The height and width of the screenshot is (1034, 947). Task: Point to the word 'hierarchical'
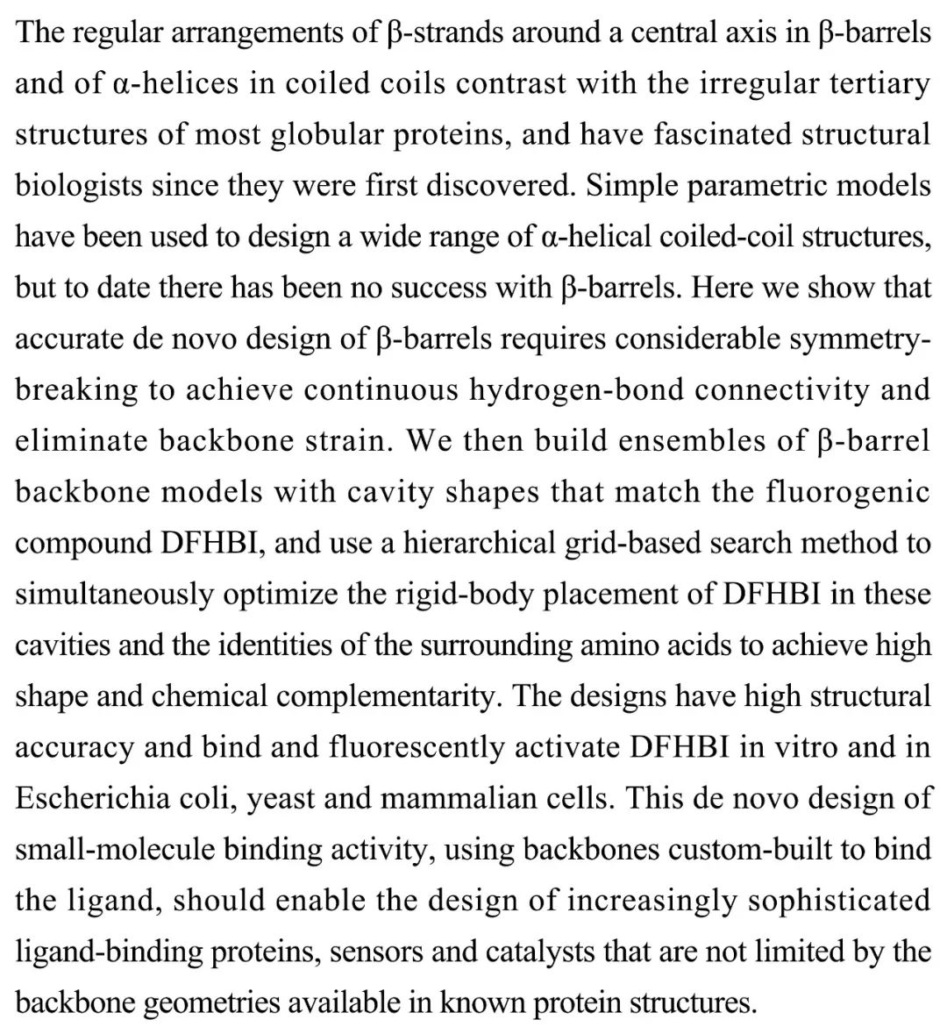(477, 543)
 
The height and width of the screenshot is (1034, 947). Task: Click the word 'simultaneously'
(113, 594)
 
